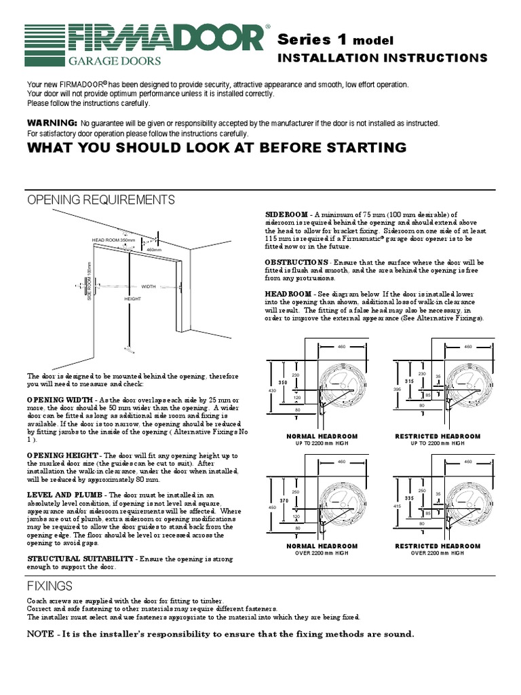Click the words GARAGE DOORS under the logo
click(x=113, y=60)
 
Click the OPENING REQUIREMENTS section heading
click(x=100, y=200)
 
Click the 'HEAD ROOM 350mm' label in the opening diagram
click(x=114, y=240)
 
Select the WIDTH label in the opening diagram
click(x=149, y=286)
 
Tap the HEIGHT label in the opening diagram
click(x=132, y=299)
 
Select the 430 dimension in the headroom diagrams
click(x=272, y=391)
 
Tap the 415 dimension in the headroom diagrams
click(x=398, y=508)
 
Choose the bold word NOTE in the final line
click(x=42, y=634)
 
